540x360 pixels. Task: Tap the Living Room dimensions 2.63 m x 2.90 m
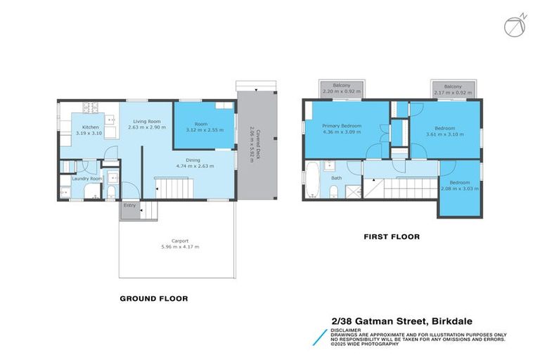(x=150, y=128)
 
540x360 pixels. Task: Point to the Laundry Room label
(x=88, y=179)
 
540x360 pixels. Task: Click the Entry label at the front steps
(x=130, y=205)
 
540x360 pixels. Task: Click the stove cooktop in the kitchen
(x=91, y=108)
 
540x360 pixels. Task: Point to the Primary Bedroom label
(x=342, y=126)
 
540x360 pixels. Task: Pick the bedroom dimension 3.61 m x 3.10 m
(x=445, y=133)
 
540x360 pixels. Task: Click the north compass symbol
(x=514, y=25)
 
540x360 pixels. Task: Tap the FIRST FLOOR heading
(x=392, y=237)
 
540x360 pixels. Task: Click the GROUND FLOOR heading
(x=154, y=299)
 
